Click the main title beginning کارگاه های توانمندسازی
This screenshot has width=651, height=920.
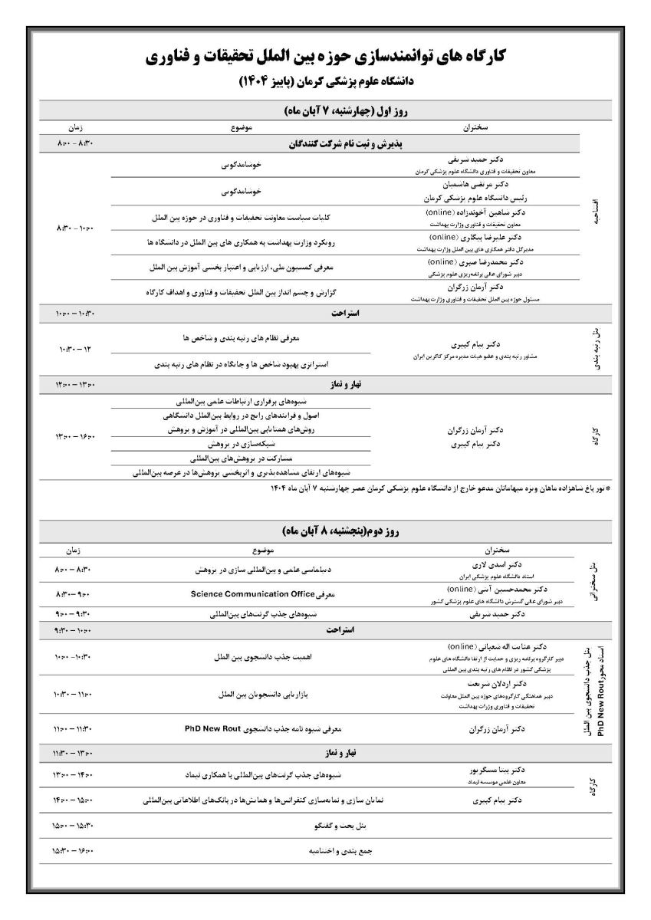[326, 56]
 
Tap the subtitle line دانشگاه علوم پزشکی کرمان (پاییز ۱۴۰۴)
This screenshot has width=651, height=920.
[326, 80]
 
